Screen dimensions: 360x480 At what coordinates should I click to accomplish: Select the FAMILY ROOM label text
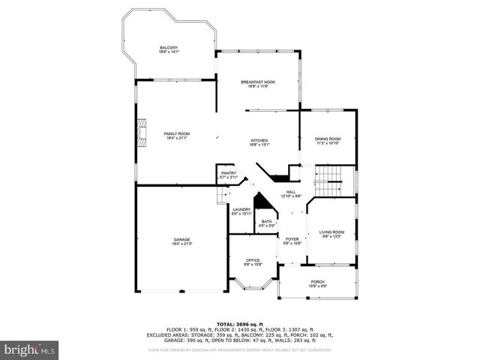click(x=177, y=133)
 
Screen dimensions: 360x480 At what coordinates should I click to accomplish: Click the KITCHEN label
click(x=259, y=140)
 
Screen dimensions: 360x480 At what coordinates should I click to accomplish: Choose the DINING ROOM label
click(x=328, y=138)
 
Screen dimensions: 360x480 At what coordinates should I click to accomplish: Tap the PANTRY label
click(x=229, y=173)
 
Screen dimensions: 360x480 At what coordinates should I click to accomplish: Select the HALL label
click(x=290, y=192)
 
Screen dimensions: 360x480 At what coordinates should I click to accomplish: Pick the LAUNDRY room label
click(x=241, y=209)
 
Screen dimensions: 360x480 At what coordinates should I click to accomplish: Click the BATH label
click(x=266, y=221)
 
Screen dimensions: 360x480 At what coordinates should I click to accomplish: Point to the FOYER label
click(x=292, y=239)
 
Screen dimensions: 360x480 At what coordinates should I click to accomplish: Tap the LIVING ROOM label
click(x=331, y=232)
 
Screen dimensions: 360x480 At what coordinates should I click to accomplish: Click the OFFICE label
click(x=252, y=260)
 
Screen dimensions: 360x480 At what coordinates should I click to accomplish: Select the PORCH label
click(x=318, y=281)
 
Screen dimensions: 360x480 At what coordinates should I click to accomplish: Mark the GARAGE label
click(x=182, y=239)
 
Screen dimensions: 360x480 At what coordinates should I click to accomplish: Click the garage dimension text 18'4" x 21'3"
click(x=182, y=244)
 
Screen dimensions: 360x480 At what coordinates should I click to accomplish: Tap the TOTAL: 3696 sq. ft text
click(x=239, y=322)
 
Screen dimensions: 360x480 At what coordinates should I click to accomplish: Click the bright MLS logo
click(x=29, y=349)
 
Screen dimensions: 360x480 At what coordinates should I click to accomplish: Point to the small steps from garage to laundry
click(x=221, y=196)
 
